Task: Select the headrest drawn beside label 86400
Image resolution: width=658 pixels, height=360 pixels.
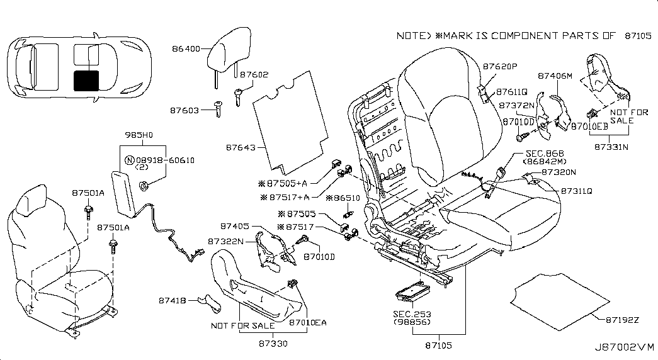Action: (x=220, y=49)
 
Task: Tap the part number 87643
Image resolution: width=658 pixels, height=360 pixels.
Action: (x=241, y=149)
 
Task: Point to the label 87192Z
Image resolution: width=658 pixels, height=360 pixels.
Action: (x=623, y=320)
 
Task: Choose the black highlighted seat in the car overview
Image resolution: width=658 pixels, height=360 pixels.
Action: (x=86, y=81)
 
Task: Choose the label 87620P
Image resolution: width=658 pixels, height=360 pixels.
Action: (x=500, y=65)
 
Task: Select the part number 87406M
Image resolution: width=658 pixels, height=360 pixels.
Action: (x=554, y=76)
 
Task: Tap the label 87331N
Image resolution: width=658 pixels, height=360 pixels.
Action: (x=611, y=147)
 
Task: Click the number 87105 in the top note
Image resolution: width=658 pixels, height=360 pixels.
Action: (x=638, y=36)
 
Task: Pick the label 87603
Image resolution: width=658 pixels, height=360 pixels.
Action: (x=184, y=110)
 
